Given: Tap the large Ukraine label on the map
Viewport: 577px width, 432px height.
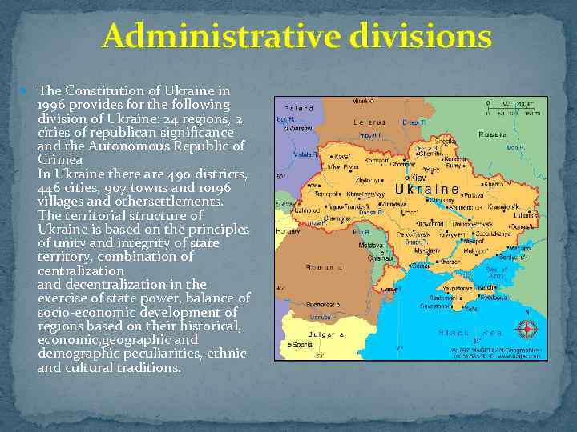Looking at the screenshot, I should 428,190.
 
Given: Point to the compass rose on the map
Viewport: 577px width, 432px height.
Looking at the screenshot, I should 527,329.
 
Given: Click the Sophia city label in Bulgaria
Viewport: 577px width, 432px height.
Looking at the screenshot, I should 303,345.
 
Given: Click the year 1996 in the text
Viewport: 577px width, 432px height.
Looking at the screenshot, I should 54,105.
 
